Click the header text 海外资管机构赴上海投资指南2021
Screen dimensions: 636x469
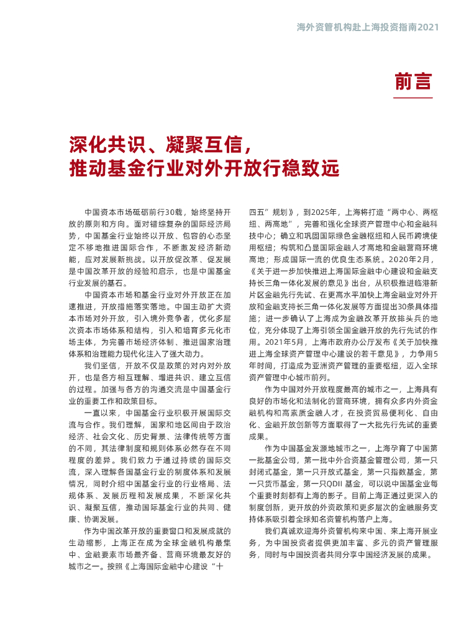pos(368,27)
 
